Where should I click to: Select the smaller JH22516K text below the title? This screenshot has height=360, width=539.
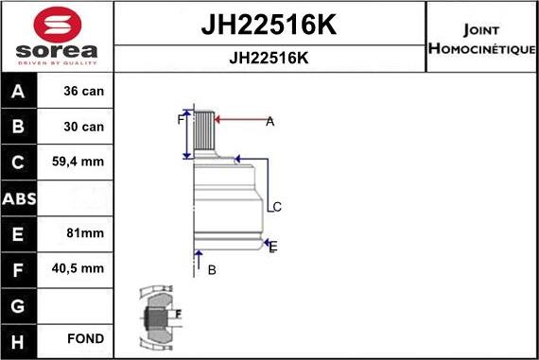click(269, 58)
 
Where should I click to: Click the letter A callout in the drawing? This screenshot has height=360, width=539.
click(269, 120)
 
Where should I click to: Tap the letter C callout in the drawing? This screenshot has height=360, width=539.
click(277, 207)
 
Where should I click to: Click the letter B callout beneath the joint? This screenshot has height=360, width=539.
click(212, 270)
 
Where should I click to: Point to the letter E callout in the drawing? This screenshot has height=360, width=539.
click(273, 247)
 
